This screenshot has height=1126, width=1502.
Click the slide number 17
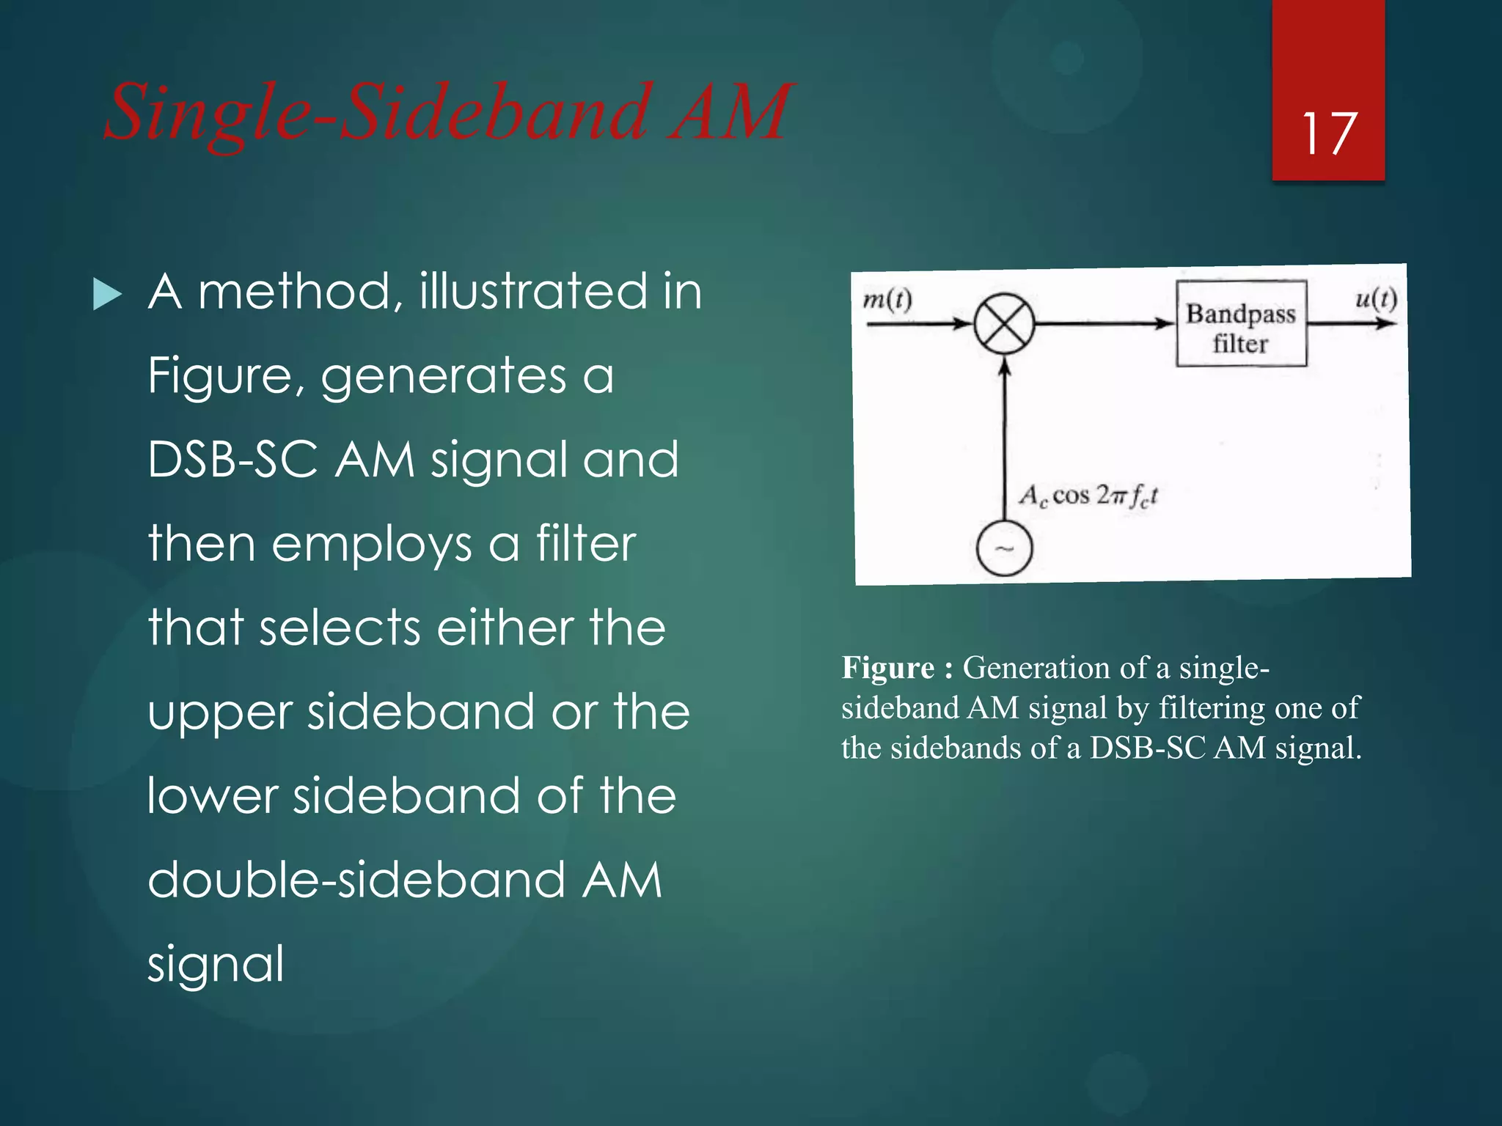point(1328,133)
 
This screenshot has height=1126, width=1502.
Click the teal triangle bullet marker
point(108,295)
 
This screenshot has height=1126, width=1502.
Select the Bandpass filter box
point(1241,323)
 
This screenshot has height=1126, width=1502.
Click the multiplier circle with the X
point(1004,323)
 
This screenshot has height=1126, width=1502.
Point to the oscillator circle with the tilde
point(1004,548)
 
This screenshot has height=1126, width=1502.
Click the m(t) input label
point(887,299)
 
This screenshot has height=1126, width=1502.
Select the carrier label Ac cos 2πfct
point(1088,496)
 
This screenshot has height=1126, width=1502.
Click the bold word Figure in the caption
point(888,668)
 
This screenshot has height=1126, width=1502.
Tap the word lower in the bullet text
point(212,796)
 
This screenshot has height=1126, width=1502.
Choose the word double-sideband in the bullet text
point(356,880)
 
